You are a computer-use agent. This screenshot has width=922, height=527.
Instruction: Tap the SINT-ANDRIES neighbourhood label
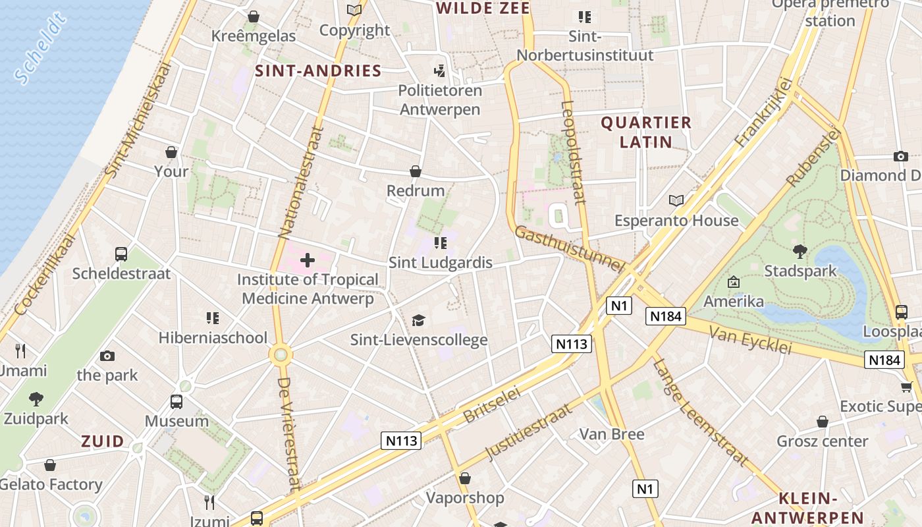point(318,71)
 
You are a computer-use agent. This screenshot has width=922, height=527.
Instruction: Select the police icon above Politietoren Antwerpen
point(439,70)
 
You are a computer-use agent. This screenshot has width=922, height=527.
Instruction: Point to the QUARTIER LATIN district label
point(646,132)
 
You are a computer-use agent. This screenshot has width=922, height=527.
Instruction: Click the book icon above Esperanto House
point(676,200)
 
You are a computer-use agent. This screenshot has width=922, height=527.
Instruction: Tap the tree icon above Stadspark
point(800,251)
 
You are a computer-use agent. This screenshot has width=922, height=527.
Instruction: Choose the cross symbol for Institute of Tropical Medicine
point(308,260)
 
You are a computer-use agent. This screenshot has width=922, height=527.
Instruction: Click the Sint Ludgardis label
point(440,263)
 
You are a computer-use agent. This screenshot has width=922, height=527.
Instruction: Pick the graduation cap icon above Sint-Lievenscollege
point(418,320)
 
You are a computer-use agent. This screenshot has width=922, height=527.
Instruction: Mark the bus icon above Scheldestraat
point(121,254)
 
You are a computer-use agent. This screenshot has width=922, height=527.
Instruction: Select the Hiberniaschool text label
point(213,338)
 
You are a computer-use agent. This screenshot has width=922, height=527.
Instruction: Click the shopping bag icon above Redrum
point(416,171)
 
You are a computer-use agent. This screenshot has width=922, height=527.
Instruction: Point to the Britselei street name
point(492,404)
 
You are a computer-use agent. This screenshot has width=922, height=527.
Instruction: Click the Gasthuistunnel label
point(568,248)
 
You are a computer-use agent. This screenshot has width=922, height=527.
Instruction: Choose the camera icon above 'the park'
point(107,356)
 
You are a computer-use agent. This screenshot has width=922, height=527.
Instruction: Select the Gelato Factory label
point(51,485)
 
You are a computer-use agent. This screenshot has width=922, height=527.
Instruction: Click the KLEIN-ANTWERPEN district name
point(807,508)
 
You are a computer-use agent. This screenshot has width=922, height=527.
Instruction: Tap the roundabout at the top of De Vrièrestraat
point(281,355)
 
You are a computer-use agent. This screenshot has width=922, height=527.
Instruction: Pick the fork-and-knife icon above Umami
point(20,350)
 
